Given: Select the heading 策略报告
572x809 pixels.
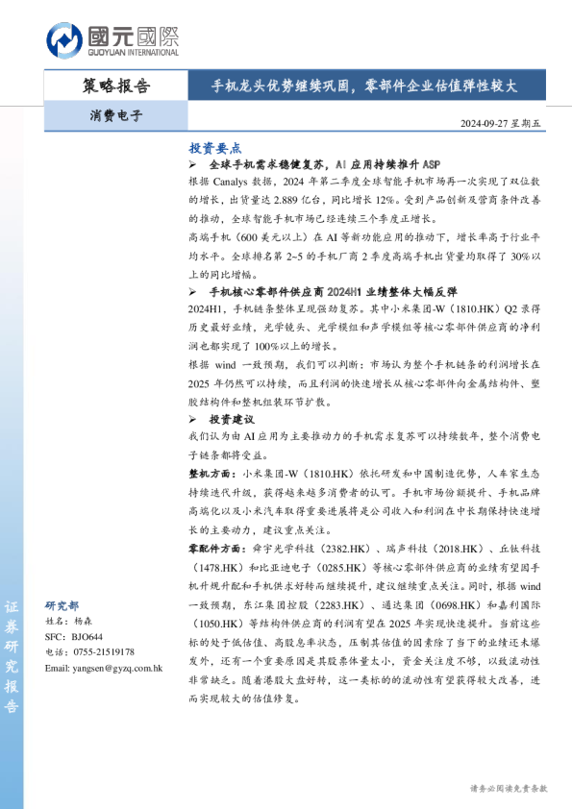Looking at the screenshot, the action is click(116, 86).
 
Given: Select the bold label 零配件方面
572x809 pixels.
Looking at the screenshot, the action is click(218, 547).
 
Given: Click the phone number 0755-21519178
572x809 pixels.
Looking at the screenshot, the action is click(100, 652).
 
